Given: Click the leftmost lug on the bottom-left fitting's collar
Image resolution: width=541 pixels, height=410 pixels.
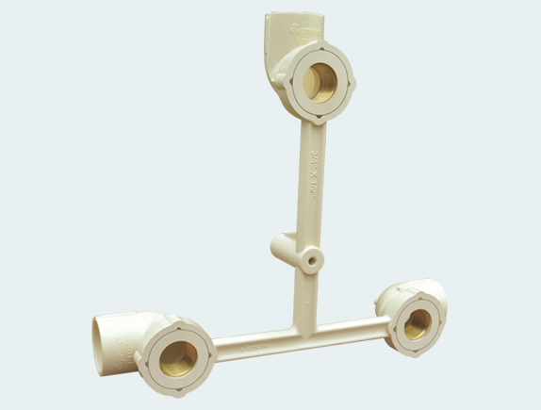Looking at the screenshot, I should click(141, 355).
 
